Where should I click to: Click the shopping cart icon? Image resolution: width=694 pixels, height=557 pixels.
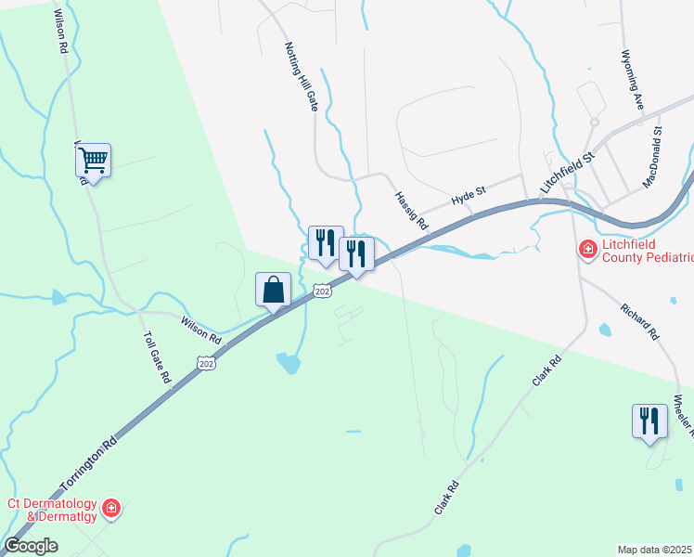[x=93, y=162]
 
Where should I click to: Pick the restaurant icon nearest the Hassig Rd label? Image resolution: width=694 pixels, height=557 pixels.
[x=356, y=253]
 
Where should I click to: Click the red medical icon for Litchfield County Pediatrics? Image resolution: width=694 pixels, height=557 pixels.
[x=586, y=250]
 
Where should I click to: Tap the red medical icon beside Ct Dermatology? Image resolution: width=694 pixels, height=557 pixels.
[x=110, y=508]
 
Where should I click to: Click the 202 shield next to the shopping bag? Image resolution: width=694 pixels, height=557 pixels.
[x=322, y=291]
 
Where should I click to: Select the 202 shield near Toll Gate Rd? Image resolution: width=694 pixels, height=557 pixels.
[x=206, y=363]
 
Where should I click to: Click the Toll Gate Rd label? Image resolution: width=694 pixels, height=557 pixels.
[x=156, y=357]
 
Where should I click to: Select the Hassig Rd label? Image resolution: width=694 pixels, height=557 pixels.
[x=409, y=211]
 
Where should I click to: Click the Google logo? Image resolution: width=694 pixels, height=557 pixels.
[x=31, y=546]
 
